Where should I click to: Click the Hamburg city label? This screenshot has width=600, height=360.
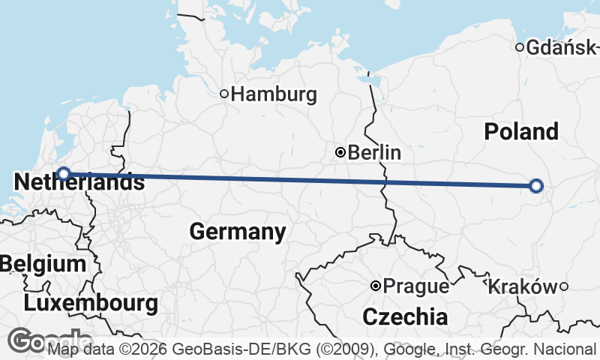pyautogui.click(x=274, y=94)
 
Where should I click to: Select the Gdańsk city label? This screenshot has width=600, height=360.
pyautogui.click(x=562, y=48)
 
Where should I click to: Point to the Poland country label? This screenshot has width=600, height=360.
pyautogui.click(x=521, y=131)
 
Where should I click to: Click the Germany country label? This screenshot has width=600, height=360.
pyautogui.click(x=237, y=231)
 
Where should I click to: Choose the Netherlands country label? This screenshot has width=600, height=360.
pyautogui.click(x=79, y=181)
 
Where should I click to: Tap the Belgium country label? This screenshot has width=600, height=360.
pyautogui.click(x=43, y=264)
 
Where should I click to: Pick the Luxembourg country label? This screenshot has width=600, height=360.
pyautogui.click(x=91, y=303)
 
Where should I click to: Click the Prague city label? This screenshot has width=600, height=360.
pyautogui.click(x=416, y=286)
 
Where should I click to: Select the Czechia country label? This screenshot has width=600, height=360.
pyautogui.click(x=405, y=316)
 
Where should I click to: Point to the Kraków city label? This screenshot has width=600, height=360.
pyautogui.click(x=522, y=286)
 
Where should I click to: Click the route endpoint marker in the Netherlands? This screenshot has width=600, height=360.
pyautogui.click(x=64, y=174)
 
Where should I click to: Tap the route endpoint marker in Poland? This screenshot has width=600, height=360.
pyautogui.click(x=535, y=186)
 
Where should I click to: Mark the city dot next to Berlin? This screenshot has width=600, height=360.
pyautogui.click(x=340, y=152)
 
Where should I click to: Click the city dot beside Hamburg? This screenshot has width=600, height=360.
pyautogui.click(x=223, y=94)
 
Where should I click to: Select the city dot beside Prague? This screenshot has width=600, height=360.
pyautogui.click(x=376, y=286)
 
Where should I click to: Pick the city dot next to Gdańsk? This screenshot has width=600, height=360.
pyautogui.click(x=519, y=48)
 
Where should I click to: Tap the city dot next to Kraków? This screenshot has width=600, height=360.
pyautogui.click(x=563, y=286)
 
